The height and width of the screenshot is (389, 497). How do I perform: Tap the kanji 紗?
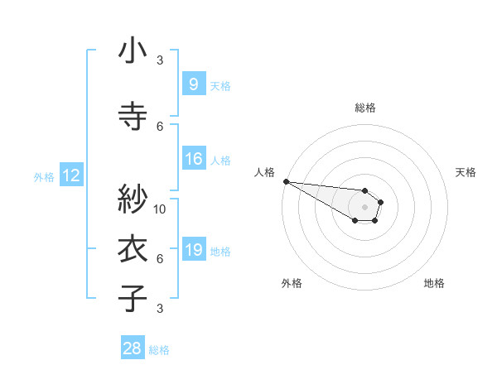point(133,199)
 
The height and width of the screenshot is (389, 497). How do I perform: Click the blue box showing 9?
point(193,84)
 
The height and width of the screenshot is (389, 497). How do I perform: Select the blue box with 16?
point(193,160)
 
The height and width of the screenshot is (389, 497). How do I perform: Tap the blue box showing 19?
point(193,250)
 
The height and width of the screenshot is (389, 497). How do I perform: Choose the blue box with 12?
point(70,175)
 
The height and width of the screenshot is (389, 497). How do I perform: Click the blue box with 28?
point(133,348)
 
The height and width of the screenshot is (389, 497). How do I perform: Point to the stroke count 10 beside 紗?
point(160,209)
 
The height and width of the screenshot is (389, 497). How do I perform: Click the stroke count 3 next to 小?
point(160,60)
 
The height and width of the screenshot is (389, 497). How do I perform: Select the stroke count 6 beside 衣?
point(160,259)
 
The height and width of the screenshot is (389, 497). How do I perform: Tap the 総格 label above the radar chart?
point(365,108)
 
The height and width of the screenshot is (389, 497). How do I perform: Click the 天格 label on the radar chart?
point(466,172)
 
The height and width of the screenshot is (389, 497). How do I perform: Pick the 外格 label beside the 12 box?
point(44,176)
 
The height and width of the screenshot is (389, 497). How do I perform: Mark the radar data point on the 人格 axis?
point(286,181)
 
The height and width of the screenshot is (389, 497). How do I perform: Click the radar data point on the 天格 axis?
point(380,201)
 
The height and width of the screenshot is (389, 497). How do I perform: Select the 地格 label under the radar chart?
point(434,283)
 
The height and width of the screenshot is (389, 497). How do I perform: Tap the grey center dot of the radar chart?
point(364,207)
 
